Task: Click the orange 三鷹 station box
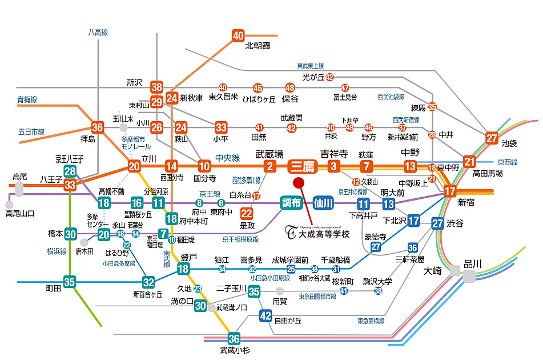tap(302, 166)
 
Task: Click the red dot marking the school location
tap(297, 183)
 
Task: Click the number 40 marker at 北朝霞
tap(238, 35)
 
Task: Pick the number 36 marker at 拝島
tap(98, 127)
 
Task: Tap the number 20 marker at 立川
tap(134, 166)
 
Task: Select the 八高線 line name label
tap(98, 33)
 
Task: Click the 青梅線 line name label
tap(27, 99)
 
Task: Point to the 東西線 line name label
tap(506, 162)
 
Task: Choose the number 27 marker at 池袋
tap(492, 138)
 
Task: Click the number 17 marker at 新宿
tap(450, 191)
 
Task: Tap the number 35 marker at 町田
tap(70, 282)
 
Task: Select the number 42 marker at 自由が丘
tap(266, 315)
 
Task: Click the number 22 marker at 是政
tap(246, 214)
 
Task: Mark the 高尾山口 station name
tap(20, 214)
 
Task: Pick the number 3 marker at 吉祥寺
tap(335, 166)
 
